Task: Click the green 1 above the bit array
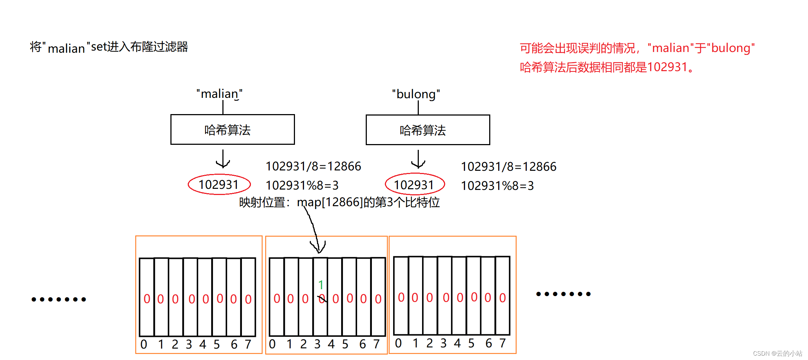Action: [x=321, y=285]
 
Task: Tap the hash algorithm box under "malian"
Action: [x=233, y=130]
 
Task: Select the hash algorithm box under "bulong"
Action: [x=428, y=130]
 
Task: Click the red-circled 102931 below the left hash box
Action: [x=219, y=185]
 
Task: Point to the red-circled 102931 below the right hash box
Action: [x=414, y=185]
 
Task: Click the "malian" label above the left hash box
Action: [x=220, y=94]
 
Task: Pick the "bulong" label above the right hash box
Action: [x=416, y=94]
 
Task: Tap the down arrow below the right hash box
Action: [x=418, y=160]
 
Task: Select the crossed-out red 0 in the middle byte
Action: [x=322, y=299]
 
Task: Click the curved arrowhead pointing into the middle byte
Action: [x=318, y=248]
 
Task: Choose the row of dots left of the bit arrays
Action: [x=59, y=299]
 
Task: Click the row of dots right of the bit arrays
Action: [x=563, y=294]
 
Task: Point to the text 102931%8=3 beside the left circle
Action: [x=302, y=186]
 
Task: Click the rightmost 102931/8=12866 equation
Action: [x=509, y=167]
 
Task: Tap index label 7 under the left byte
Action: [x=248, y=344]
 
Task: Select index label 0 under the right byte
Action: [x=398, y=343]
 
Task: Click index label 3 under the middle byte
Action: [x=317, y=344]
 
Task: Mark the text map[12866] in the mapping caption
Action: [x=329, y=202]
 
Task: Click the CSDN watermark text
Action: [x=777, y=354]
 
